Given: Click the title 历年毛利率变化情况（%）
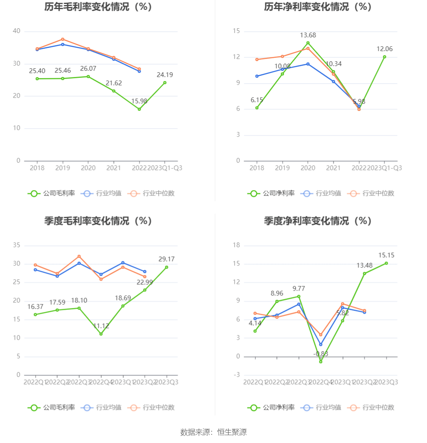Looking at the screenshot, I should click(98, 7).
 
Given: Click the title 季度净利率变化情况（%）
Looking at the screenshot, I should click(318, 221).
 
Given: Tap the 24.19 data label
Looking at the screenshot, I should click(165, 75).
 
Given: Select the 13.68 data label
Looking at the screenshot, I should click(308, 35).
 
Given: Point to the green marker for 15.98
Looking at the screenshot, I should click(139, 109).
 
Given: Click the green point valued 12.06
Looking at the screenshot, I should click(385, 57).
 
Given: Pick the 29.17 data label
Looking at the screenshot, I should click(166, 259).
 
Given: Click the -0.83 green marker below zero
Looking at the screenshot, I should click(321, 362).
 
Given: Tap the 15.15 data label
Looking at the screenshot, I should click(386, 255).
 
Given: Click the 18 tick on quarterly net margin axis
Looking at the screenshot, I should click(236, 245).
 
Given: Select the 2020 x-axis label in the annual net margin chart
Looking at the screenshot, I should click(308, 168).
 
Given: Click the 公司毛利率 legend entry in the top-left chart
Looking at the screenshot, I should click(52, 193).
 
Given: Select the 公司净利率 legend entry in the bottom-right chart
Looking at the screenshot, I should click(271, 408).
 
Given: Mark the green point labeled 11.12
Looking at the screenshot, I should click(101, 334).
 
